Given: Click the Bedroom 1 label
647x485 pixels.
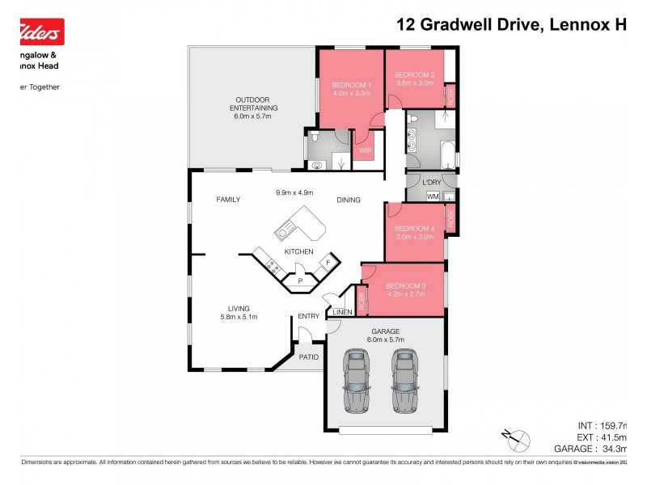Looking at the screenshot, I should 351,85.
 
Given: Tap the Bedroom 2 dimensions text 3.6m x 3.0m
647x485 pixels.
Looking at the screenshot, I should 414,83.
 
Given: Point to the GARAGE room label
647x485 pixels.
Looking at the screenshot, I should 386,331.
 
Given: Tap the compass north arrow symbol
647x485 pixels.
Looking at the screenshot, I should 515,440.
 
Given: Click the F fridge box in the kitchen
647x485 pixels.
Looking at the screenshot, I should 328,264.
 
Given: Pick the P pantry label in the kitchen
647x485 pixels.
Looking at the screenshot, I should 300,281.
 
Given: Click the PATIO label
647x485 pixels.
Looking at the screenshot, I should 308,356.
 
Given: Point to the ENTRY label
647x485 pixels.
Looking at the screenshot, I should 308,316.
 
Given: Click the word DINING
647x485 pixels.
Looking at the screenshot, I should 349,200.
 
